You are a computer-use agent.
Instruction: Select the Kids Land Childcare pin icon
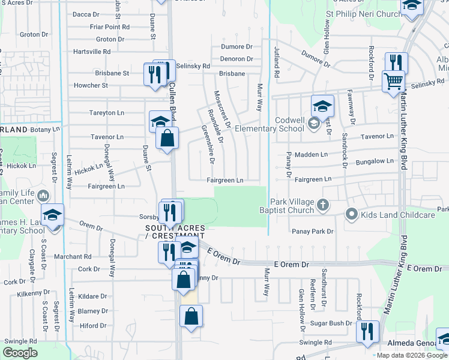(351, 214)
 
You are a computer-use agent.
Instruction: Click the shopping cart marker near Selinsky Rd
(394, 81)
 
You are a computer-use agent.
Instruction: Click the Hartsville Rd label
(92, 52)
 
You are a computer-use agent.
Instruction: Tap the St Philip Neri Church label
(364, 14)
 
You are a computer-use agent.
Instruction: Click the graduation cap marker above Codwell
(322, 107)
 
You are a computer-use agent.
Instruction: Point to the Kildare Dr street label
(92, 296)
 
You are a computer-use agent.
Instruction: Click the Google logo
(20, 353)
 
